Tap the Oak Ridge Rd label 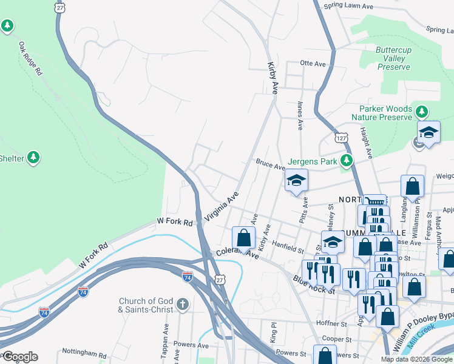point(30,58)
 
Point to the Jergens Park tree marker point(346,161)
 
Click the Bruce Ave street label point(270,165)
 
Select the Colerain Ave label point(237,254)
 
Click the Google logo point(19,357)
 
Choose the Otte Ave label point(313,63)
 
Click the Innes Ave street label point(300,116)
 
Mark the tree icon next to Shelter point(35,158)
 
